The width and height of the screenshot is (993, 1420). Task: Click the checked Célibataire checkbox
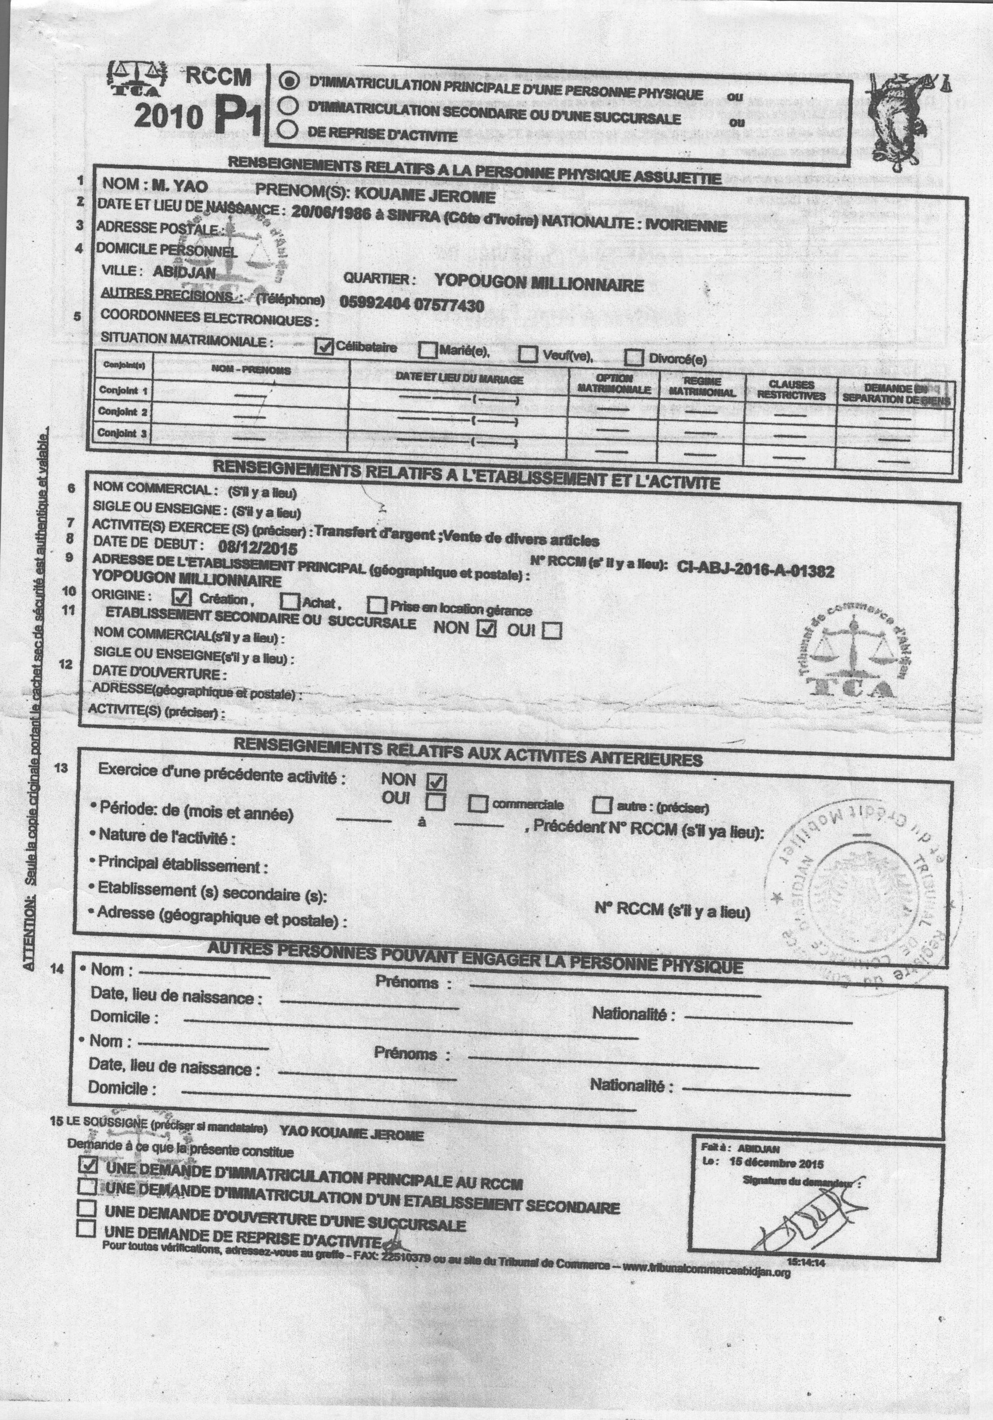pyautogui.click(x=324, y=347)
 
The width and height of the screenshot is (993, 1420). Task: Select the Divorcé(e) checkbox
pyautogui.click(x=634, y=358)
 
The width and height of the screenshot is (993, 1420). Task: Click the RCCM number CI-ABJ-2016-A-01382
pyautogui.click(x=755, y=570)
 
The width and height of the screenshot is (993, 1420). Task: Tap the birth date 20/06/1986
pyautogui.click(x=330, y=212)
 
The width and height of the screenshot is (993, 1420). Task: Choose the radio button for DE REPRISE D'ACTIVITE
pyautogui.click(x=288, y=129)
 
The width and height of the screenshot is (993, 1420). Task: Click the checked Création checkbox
pyautogui.click(x=182, y=597)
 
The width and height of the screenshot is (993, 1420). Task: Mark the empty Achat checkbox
pyautogui.click(x=289, y=601)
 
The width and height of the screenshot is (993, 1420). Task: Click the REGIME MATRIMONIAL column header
pyautogui.click(x=702, y=387)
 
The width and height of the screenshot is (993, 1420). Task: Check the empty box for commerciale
pyautogui.click(x=478, y=803)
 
